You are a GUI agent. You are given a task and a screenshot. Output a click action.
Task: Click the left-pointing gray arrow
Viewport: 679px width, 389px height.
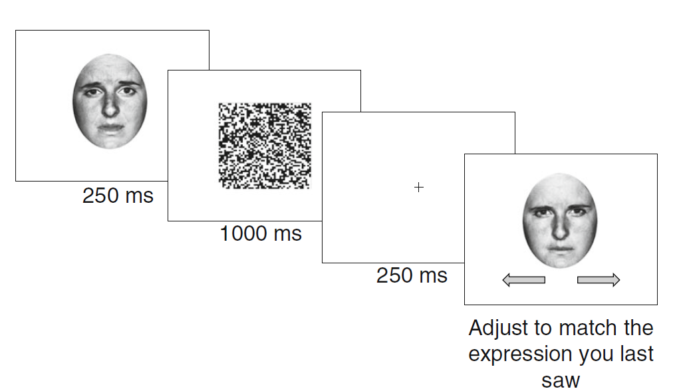(523, 280)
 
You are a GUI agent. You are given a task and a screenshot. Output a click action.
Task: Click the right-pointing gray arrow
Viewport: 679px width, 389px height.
(599, 280)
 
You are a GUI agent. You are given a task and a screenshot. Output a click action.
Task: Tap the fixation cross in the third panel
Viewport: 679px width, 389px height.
(419, 187)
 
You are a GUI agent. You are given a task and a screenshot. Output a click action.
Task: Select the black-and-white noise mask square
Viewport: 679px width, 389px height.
(265, 146)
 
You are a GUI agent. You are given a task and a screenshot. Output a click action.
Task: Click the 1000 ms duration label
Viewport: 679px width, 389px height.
(261, 233)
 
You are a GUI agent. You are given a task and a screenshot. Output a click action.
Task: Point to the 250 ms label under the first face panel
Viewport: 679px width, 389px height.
(118, 195)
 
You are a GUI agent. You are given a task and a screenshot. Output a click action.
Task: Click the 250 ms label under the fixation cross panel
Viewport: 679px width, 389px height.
(412, 275)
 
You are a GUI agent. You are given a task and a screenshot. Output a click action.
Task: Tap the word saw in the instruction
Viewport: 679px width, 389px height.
(561, 380)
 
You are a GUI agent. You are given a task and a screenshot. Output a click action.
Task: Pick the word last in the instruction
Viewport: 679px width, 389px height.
(636, 354)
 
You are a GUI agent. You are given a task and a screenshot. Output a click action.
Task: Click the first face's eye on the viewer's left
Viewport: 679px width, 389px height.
(92, 92)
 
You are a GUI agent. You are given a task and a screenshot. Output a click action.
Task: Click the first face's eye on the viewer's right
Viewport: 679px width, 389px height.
(127, 91)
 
